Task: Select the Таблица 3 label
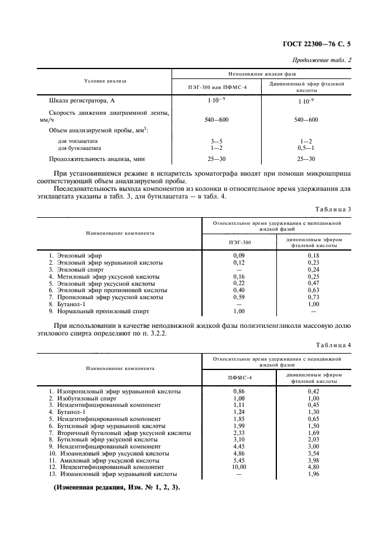pyautogui.click(x=332, y=209)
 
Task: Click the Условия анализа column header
pyautogui.click(x=105, y=81)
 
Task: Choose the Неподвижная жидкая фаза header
pyautogui.click(x=262, y=75)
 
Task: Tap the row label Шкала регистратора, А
pyautogui.click(x=80, y=101)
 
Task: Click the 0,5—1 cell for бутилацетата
pyautogui.click(x=306, y=148)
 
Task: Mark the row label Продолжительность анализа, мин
pyautogui.click(x=97, y=159)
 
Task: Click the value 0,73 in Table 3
pyautogui.click(x=313, y=297)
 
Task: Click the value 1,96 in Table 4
pyautogui.click(x=313, y=474)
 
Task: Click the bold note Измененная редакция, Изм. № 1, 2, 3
pyautogui.click(x=118, y=488)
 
